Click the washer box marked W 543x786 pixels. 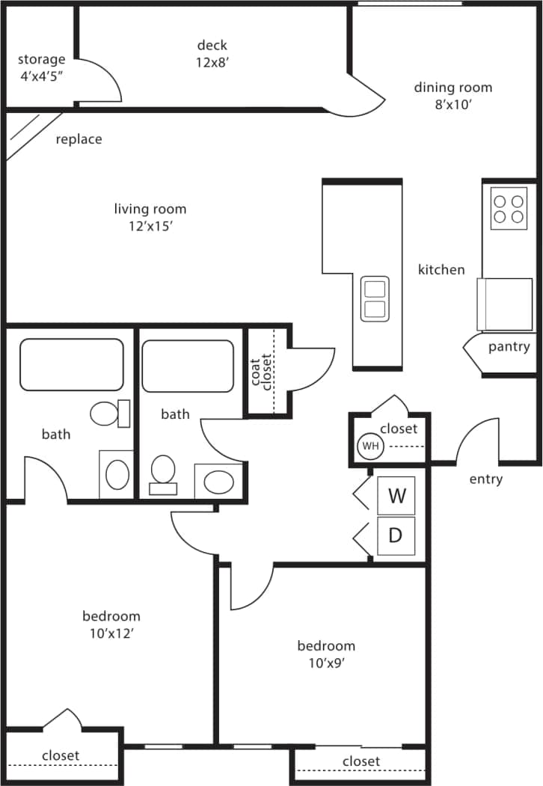tap(396, 496)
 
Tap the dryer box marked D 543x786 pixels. tap(396, 535)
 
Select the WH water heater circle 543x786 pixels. tap(369, 446)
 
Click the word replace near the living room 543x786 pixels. tap(79, 139)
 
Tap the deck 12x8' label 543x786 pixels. tap(212, 63)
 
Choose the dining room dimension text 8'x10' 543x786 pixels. tap(452, 105)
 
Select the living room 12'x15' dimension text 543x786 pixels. tap(150, 227)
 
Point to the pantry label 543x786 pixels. tap(509, 347)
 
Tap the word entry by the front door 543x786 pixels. tap(485, 479)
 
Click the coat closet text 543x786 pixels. tap(260, 372)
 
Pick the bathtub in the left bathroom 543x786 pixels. tap(72, 364)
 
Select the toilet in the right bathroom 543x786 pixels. tap(163, 473)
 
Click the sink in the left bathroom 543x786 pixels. tap(117, 473)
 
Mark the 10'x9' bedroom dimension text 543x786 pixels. tap(325, 663)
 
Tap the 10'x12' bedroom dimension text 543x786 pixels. tap(111, 633)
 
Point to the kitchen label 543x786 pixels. tap(441, 270)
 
